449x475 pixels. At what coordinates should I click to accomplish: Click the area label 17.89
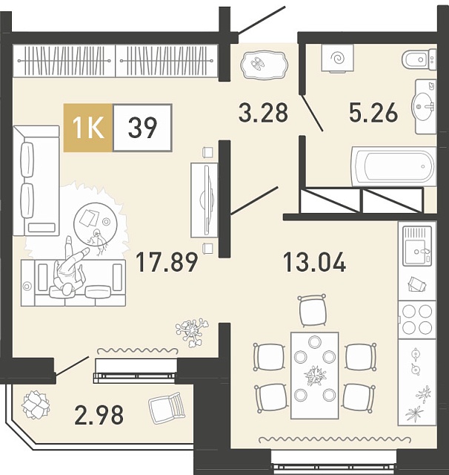click(x=167, y=263)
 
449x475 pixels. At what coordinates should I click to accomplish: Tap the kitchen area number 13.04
click(x=314, y=263)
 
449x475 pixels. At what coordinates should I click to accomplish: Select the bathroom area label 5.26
click(x=373, y=112)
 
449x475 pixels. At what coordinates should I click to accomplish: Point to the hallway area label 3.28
click(x=263, y=112)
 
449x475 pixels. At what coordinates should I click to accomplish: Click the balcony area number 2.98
click(x=99, y=415)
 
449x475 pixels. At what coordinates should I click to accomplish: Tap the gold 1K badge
click(x=88, y=128)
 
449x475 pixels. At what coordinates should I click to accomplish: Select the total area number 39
click(x=142, y=128)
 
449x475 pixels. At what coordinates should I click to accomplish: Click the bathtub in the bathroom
click(x=393, y=166)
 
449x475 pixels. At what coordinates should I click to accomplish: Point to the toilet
click(x=419, y=59)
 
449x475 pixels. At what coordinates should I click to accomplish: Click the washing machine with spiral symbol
click(x=337, y=59)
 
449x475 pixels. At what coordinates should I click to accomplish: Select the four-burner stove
click(x=417, y=319)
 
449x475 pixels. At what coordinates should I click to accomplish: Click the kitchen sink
click(x=417, y=246)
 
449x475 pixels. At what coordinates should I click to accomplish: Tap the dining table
click(x=314, y=376)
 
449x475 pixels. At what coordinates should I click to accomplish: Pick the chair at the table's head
click(x=313, y=310)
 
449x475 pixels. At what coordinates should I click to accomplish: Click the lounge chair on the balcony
click(x=167, y=407)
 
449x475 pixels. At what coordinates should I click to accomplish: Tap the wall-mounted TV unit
click(x=204, y=200)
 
